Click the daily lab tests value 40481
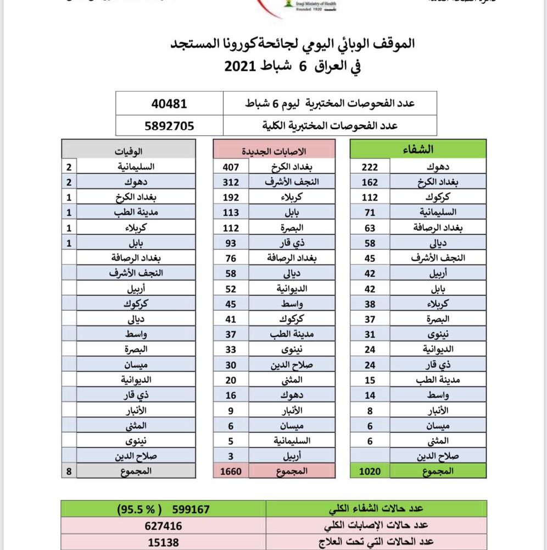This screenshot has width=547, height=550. [169, 103]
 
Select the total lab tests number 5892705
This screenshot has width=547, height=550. [169, 125]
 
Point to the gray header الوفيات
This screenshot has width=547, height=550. [129, 151]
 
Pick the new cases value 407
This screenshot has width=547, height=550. [231, 166]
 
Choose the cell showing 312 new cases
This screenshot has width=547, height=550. [231, 181]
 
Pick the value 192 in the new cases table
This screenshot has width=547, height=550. [231, 196]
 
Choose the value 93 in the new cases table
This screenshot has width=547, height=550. [231, 242]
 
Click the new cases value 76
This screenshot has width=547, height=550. [231, 257]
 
